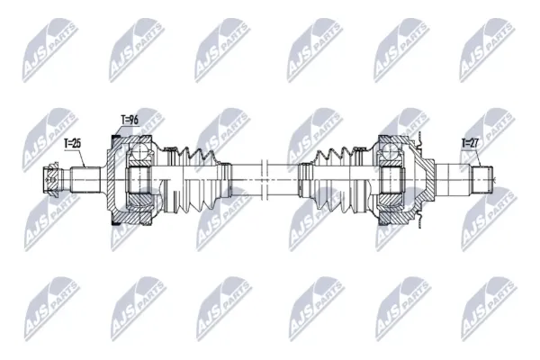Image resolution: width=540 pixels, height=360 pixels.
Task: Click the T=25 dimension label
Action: tap(73, 143)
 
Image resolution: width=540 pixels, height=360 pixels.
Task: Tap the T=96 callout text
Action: tap(130, 120)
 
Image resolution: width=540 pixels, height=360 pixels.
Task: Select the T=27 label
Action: tap(470, 143)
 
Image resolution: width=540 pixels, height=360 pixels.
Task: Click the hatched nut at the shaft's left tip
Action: tap(51, 180)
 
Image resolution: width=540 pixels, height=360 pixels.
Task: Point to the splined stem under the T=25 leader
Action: tap(85, 180)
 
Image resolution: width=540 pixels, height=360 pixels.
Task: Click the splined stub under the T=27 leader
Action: tap(481, 180)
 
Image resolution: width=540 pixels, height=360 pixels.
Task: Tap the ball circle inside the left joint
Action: tap(139, 152)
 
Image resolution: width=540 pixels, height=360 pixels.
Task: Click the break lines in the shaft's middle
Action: tap(265, 180)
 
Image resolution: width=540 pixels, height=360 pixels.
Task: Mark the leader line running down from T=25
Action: tap(82, 157)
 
